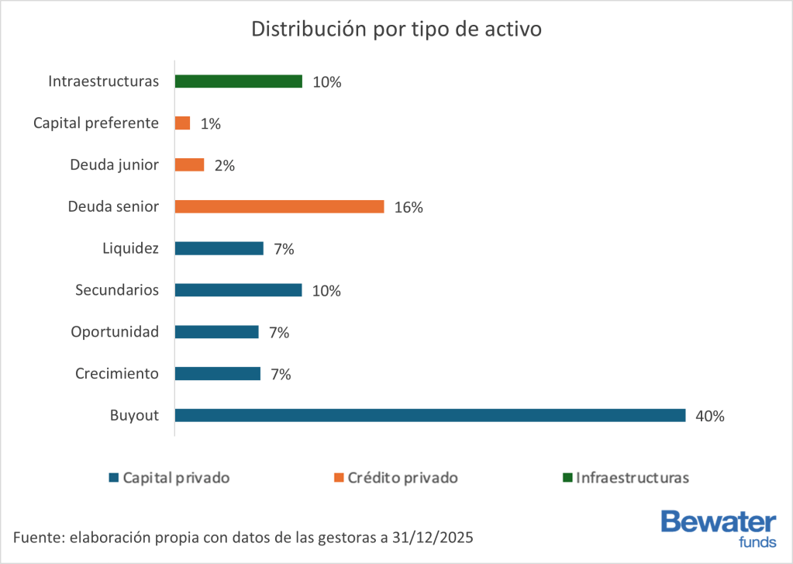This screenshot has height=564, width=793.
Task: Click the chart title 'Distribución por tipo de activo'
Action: (396, 30)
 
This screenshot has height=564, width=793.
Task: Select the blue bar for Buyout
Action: (430, 415)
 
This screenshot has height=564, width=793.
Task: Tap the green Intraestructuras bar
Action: (238, 81)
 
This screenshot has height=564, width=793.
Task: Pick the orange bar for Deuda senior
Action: (279, 206)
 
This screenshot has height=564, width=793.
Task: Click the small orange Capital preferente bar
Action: (182, 123)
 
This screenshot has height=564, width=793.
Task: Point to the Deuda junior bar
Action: (189, 165)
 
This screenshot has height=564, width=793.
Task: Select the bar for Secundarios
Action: (238, 290)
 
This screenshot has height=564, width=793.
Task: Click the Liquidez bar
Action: (219, 248)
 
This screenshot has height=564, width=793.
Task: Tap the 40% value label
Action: (709, 416)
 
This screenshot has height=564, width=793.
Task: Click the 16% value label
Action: (408, 207)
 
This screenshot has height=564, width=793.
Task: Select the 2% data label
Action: (225, 165)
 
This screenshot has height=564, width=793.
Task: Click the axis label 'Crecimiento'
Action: (117, 374)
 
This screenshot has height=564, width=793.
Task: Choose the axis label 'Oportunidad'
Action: (115, 332)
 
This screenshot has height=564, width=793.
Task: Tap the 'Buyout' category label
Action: (134, 416)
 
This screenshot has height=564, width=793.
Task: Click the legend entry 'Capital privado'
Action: (176, 478)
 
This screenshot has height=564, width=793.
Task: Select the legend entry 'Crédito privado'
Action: (402, 478)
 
